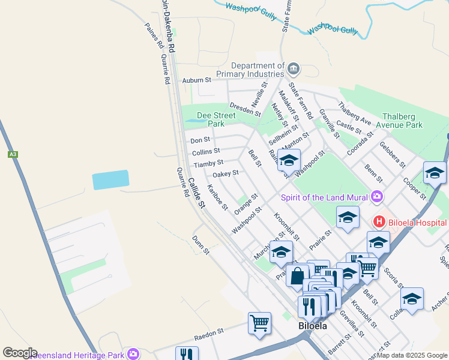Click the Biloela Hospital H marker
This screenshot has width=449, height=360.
pyautogui.click(x=379, y=221)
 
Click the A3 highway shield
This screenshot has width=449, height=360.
pyautogui.click(x=13, y=154)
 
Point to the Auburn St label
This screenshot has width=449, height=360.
pyautogui.click(x=197, y=80)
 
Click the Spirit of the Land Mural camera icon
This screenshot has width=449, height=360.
pyautogui.click(x=377, y=196)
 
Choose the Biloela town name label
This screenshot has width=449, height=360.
pyautogui.click(x=313, y=326)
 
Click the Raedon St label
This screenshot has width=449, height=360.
pyautogui.click(x=208, y=331)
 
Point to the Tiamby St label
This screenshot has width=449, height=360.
pyautogui.click(x=208, y=163)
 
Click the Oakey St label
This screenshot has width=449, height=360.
pyautogui.click(x=226, y=173)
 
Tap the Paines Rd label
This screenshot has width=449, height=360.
pyautogui.click(x=154, y=35)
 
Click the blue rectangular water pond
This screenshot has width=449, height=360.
pyautogui.click(x=110, y=179)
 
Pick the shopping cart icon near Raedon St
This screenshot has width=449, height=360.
pyautogui.click(x=259, y=322)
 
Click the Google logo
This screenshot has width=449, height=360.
pyautogui.click(x=20, y=352)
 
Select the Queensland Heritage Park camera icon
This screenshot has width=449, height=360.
pyautogui.click(x=133, y=353)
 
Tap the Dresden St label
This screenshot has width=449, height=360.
pyautogui.click(x=246, y=109)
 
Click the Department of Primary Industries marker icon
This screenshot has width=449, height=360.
pyautogui.click(x=294, y=68)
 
